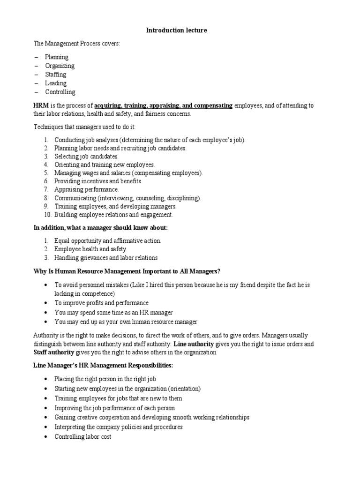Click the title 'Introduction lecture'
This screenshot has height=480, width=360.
[176, 30]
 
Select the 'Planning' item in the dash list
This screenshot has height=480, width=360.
[57, 57]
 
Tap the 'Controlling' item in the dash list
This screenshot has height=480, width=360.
[60, 92]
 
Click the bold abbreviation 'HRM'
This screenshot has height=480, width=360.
[41, 105]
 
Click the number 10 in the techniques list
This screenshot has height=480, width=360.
[47, 215]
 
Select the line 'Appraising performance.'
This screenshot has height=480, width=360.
[87, 189]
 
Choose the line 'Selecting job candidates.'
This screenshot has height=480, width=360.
[87, 156]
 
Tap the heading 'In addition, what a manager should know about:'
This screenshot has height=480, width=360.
[100, 228]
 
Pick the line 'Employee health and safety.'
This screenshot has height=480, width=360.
[91, 249]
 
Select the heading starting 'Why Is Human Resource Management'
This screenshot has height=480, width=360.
[127, 271]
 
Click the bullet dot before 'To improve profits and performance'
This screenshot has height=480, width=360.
[45, 303]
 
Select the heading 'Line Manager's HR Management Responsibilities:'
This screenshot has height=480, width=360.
[103, 366]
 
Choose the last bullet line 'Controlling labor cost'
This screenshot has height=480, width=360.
[83, 436]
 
